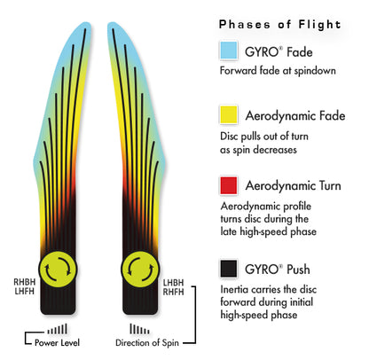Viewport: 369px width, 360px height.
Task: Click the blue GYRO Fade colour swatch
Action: (229, 51)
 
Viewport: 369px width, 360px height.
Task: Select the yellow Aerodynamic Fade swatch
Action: (229, 114)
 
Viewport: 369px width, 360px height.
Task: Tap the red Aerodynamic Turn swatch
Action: (229, 185)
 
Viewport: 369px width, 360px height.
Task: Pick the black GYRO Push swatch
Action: (229, 269)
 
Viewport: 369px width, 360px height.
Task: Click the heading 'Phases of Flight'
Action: (279, 24)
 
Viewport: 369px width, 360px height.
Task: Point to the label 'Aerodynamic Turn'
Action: (293, 185)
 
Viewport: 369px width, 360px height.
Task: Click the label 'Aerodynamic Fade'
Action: (295, 115)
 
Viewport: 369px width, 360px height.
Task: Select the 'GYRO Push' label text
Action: (278, 270)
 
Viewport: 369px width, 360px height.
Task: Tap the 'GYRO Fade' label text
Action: (279, 52)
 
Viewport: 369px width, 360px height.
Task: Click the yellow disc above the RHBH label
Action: (58, 270)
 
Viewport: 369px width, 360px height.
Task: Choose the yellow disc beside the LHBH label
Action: (140, 270)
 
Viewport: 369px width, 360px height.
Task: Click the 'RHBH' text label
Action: (25, 282)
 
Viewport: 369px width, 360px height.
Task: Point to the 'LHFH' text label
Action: (25, 291)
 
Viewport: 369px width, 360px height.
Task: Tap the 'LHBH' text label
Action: (173, 283)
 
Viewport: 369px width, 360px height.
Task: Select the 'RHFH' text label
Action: (173, 292)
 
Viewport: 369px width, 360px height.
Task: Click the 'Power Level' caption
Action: (57, 342)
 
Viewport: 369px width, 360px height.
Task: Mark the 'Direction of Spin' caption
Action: (147, 342)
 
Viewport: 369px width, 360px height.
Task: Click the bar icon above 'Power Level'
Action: (58, 329)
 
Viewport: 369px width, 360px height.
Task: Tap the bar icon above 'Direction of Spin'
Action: (139, 329)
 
